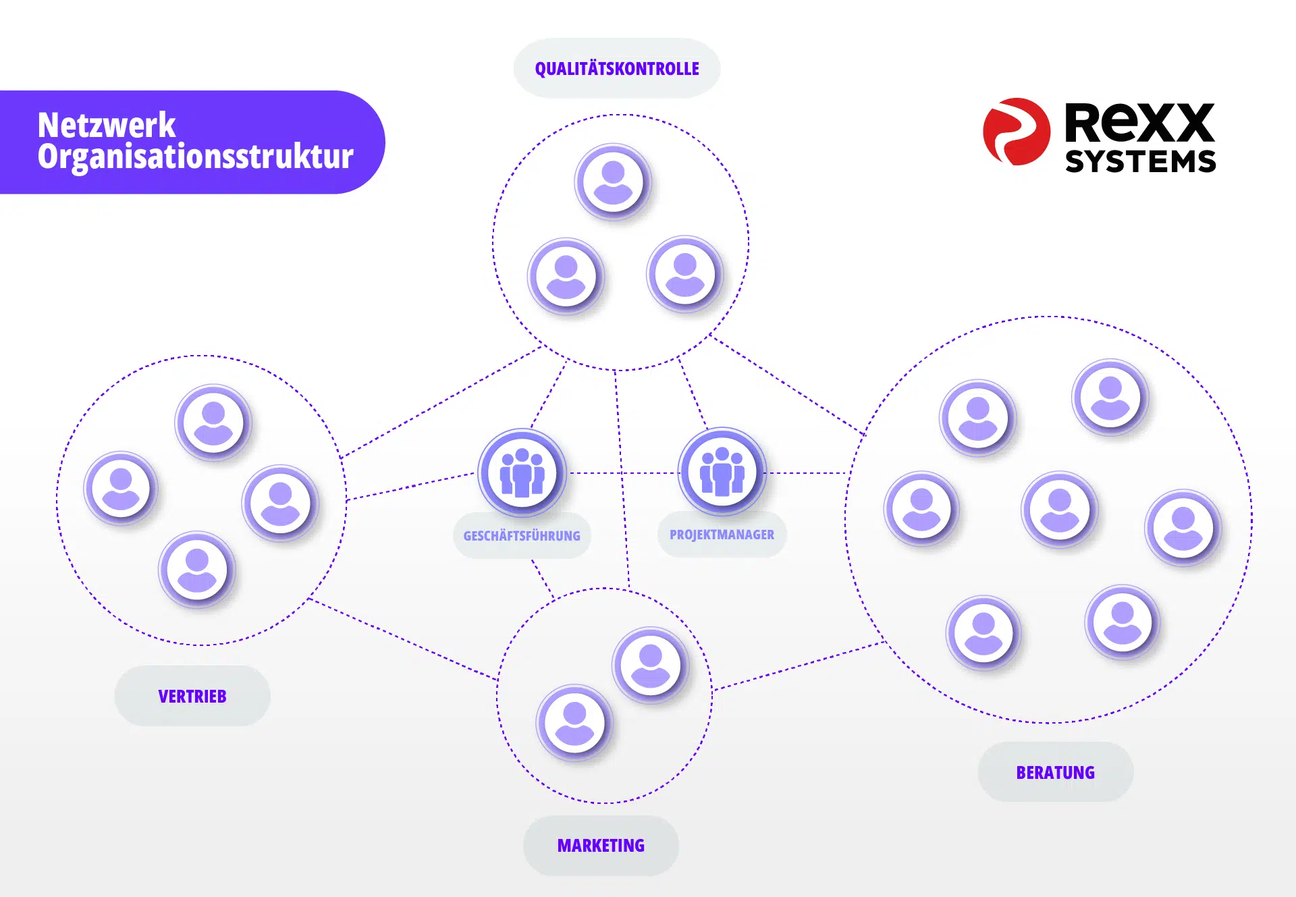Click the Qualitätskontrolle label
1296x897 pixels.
[617, 69]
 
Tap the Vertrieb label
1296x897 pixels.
[192, 696]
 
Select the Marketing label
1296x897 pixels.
[601, 846]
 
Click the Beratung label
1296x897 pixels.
[1056, 772]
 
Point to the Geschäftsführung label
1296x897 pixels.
[522, 536]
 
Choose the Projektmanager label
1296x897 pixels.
[722, 535]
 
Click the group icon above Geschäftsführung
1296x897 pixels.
[522, 472]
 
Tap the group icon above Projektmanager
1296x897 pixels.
[722, 471]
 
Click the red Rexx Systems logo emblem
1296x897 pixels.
[1017, 132]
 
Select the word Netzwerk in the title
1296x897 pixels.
[107, 125]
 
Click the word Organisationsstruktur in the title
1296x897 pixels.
[196, 157]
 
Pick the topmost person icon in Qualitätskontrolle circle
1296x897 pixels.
[613, 182]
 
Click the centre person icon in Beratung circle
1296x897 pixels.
[1060, 510]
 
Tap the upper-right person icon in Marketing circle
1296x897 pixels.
[651, 665]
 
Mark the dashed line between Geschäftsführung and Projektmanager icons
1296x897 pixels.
[622, 472]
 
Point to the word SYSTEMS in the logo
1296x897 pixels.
[1141, 161]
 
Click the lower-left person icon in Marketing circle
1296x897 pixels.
[574, 723]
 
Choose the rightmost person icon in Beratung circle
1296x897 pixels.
[1183, 528]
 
